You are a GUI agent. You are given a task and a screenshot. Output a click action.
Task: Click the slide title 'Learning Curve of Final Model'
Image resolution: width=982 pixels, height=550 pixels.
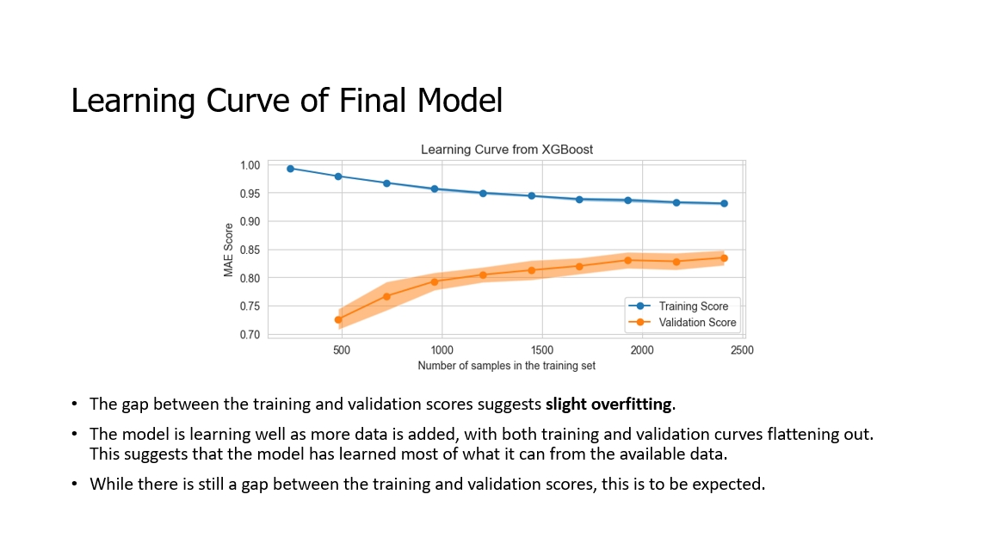coord(287,101)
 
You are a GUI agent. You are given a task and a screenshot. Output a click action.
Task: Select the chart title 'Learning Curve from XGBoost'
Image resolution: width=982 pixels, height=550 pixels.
coord(506,150)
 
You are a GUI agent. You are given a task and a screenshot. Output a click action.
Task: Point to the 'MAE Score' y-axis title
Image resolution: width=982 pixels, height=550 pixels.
coord(229,250)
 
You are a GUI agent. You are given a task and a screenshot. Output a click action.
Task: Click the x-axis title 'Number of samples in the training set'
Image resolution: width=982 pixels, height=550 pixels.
coord(506,366)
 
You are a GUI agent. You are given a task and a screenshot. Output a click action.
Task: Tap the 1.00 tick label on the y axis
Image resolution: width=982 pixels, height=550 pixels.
coord(250,165)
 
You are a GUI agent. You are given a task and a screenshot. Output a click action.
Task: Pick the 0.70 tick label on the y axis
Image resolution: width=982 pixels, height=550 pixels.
coord(250,335)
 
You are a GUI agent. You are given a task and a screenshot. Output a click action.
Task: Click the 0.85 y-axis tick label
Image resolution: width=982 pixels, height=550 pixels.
coord(250,250)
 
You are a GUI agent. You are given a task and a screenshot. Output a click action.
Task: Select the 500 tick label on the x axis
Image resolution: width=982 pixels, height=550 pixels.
coord(342,351)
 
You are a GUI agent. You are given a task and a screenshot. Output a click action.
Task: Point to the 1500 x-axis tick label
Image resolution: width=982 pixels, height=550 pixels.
coord(542,351)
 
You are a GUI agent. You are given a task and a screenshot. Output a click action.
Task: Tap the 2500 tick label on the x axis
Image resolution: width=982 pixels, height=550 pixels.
coord(742,351)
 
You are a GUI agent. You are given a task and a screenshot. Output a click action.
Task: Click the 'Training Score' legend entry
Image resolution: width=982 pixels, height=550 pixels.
coord(693,306)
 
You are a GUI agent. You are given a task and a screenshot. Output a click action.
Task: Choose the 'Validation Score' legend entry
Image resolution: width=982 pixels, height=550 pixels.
coord(696,323)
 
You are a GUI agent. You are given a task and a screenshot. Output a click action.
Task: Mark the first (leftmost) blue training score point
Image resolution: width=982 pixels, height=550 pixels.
coord(290,169)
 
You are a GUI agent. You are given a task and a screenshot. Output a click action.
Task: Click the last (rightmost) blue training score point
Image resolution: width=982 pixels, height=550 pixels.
coord(724,204)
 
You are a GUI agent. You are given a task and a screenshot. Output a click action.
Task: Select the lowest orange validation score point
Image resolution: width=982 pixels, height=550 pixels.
coord(338,319)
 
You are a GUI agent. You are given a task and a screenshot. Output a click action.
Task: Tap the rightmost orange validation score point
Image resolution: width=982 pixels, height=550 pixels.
coord(724,258)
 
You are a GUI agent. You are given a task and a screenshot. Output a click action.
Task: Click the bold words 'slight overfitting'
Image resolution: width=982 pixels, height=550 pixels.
coord(609,404)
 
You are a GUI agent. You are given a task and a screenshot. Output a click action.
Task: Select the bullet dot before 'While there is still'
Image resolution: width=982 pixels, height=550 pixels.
coord(75,484)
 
